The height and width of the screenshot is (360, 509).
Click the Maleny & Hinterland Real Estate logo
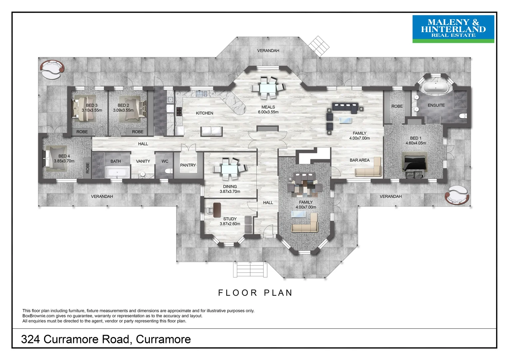453,29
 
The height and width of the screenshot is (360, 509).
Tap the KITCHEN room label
204,113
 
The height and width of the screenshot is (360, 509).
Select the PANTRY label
188,165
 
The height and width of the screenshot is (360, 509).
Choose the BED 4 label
64,156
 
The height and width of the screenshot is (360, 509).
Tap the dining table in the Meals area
268,88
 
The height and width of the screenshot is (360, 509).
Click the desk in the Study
217,210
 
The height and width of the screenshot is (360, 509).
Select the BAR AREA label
359,160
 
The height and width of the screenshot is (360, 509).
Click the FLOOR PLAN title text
255,293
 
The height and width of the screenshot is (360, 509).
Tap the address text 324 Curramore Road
106,339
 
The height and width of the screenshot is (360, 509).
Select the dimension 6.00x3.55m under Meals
268,112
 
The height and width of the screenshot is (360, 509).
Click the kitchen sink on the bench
202,93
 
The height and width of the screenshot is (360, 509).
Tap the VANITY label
143,161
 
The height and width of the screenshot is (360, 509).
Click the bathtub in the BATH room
117,173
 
